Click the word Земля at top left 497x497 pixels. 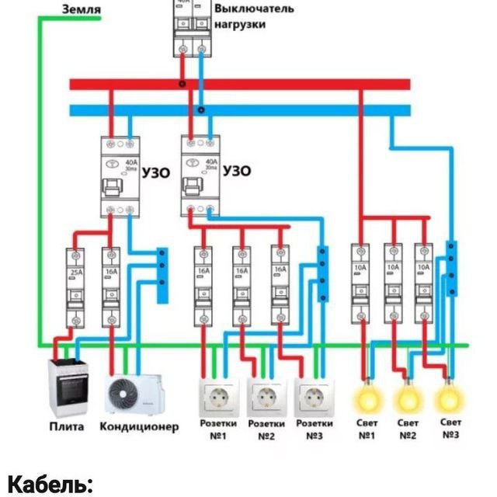pyautogui.click(x=81, y=9)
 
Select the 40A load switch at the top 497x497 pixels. pyautogui.click(x=192, y=30)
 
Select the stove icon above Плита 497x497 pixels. pyautogui.click(x=71, y=388)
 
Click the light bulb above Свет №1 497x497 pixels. pyautogui.click(x=368, y=398)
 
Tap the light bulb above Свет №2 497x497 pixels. pyautogui.click(x=408, y=398)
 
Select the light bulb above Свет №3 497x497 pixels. pyautogui.click(x=449, y=398)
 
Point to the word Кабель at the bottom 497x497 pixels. pyautogui.click(x=50, y=485)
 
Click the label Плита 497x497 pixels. pyautogui.click(x=67, y=427)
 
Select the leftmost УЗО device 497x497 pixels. pyautogui.click(x=120, y=176)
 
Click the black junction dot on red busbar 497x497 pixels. pyautogui.click(x=182, y=85)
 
